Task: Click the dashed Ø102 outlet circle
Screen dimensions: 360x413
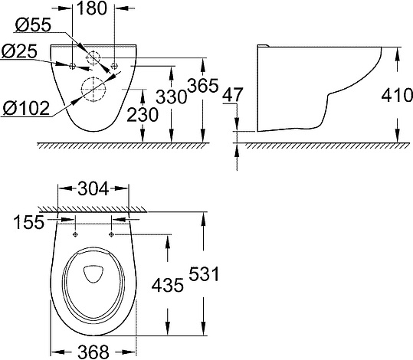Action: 94,90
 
